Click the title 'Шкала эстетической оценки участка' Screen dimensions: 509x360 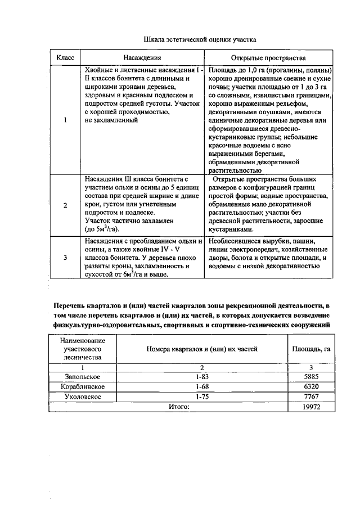(200, 40)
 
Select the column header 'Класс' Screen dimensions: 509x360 (65, 58)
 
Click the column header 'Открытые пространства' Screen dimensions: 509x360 (268, 58)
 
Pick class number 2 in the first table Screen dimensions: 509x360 (65, 205)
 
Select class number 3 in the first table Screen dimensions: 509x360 (65, 258)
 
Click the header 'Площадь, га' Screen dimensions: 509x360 (310, 349)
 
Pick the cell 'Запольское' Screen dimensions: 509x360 (83, 376)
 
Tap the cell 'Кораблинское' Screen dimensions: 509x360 (83, 386)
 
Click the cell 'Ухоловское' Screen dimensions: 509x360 (83, 397)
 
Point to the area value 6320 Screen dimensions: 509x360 (310, 386)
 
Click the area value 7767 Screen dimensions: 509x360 (310, 397)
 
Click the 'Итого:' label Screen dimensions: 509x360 (180, 407)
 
